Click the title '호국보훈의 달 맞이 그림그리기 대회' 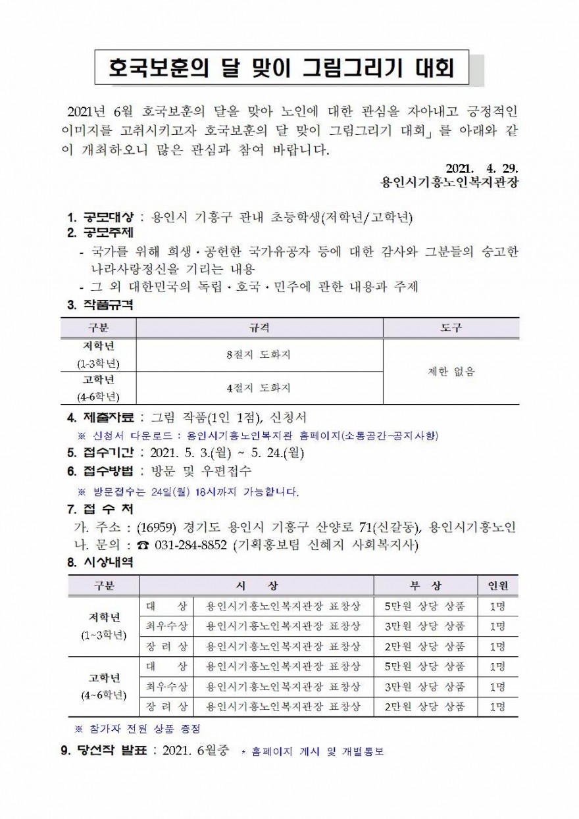282,67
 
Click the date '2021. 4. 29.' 482,166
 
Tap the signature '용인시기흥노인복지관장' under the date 450,182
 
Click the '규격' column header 259,328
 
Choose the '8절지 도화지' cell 259,355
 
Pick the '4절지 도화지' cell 259,388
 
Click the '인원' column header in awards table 497,585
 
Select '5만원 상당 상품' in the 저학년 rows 425,606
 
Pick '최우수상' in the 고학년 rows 166,687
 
